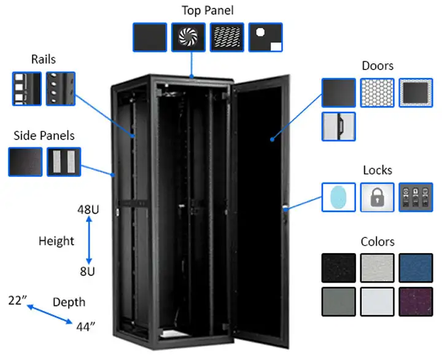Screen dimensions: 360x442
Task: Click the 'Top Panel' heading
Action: pos(207,10)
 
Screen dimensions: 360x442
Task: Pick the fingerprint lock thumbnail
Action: pos(338,197)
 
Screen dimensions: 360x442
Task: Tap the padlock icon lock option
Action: pos(377,197)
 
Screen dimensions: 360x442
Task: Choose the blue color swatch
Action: pos(416,268)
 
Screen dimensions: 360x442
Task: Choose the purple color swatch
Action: pos(416,302)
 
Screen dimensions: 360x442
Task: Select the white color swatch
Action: pos(377,302)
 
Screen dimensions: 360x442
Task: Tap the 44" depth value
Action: pos(87,326)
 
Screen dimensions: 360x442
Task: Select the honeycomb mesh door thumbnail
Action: pos(377,93)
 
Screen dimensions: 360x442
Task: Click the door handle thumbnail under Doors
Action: pos(338,127)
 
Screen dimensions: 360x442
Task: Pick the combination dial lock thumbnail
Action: pos(416,197)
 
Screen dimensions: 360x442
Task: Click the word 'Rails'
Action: pos(44,59)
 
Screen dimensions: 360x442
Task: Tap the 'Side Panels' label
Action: pos(44,135)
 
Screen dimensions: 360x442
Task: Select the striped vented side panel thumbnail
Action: pos(63,162)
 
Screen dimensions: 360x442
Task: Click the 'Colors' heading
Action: pos(378,241)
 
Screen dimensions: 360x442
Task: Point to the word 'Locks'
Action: pos(378,170)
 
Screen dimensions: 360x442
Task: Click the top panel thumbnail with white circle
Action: pos(265,37)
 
